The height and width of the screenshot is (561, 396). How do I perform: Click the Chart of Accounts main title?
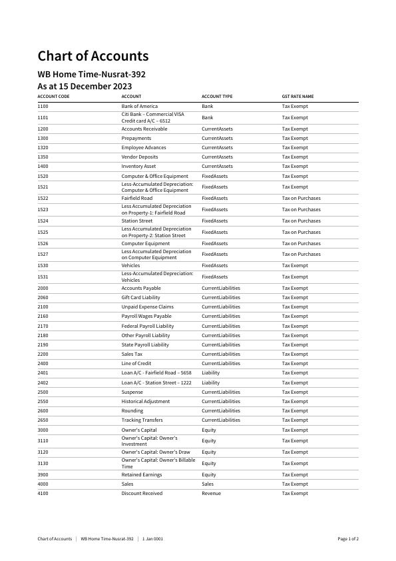point(93,56)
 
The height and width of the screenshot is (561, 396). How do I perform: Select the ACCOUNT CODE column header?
point(53,97)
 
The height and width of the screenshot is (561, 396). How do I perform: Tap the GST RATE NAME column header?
point(297,97)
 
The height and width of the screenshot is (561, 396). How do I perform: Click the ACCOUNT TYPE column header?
point(217,97)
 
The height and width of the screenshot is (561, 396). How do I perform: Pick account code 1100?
point(43,107)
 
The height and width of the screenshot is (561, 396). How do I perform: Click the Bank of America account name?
point(139,107)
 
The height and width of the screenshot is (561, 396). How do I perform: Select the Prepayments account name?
point(136,139)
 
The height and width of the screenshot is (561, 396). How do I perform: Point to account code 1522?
point(43,199)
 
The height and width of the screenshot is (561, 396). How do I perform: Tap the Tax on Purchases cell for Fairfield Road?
point(301,199)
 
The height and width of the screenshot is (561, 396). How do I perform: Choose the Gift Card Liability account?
point(140,298)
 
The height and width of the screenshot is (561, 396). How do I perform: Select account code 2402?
point(43,383)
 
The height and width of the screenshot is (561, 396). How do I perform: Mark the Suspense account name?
point(132,392)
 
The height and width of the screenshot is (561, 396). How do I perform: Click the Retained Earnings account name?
point(141,475)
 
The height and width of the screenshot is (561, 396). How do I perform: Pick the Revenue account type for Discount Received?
point(211,494)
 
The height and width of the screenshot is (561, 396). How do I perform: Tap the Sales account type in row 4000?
point(208,484)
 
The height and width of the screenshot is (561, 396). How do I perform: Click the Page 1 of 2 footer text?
point(348,538)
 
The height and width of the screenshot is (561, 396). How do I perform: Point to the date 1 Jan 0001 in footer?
point(152,538)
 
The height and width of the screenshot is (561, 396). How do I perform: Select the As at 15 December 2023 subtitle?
point(85,86)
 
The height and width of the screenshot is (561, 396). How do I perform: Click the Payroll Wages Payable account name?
point(146,316)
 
